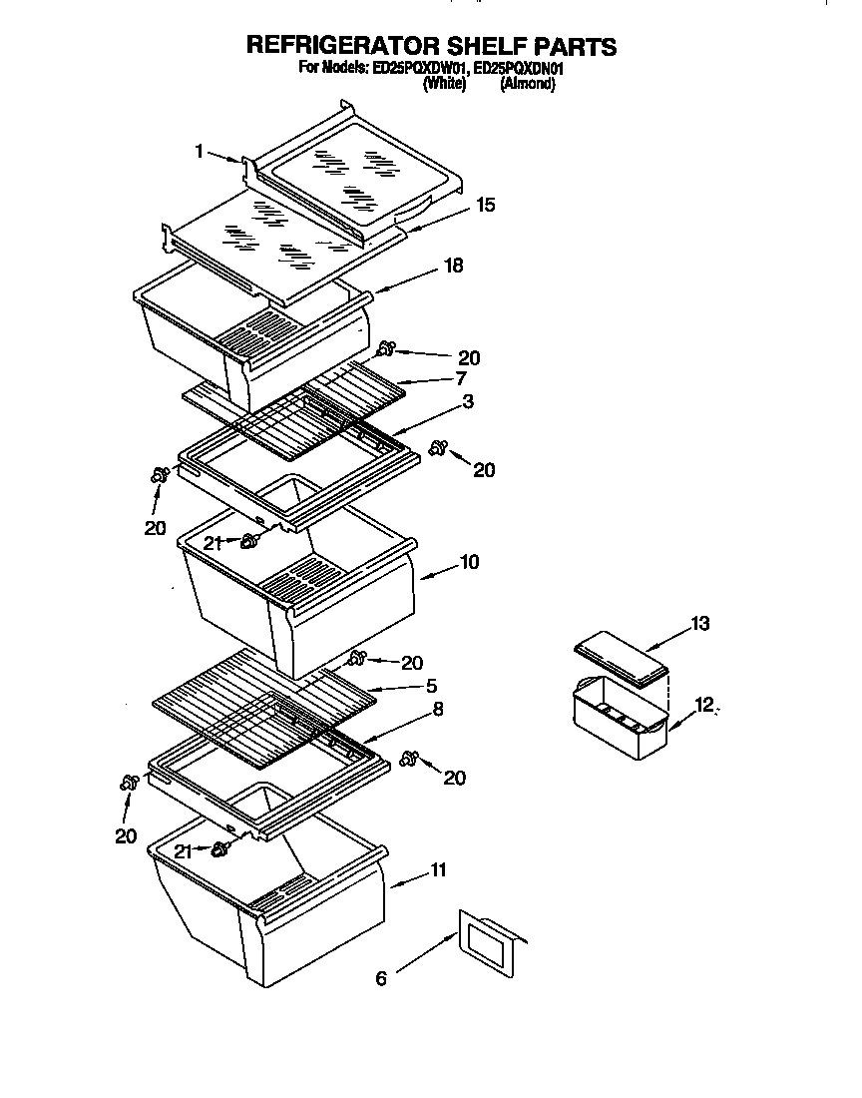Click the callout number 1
(x=199, y=152)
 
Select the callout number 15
(x=486, y=205)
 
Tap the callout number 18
(x=454, y=267)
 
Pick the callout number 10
(x=469, y=562)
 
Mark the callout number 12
(x=705, y=706)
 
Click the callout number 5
(x=432, y=686)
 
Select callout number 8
(x=438, y=709)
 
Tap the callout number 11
(x=437, y=871)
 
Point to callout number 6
(x=380, y=979)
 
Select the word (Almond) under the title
(x=527, y=85)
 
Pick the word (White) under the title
(x=445, y=85)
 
